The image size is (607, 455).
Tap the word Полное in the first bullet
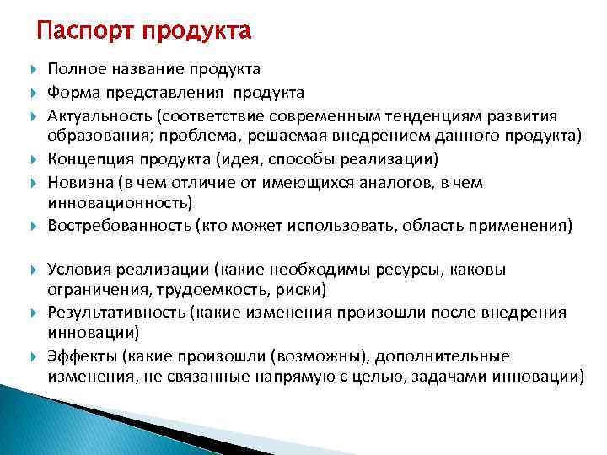pyautogui.click(x=75, y=68)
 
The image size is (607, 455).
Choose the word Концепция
pyautogui.click(x=90, y=159)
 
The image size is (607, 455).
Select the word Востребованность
pyautogui.click(x=119, y=225)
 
